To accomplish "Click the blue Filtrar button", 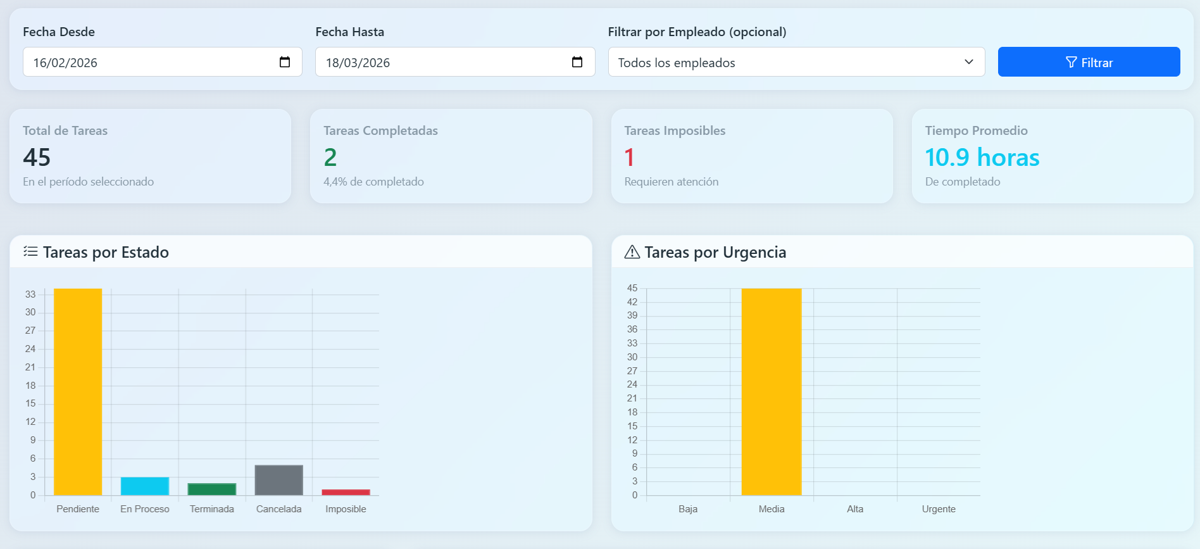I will point(1089,62).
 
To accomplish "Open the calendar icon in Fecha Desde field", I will point(285,62).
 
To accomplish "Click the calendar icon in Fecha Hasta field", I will point(577,62).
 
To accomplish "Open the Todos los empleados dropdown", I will point(796,62).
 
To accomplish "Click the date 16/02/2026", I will point(66,63).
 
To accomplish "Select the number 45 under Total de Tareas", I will point(37,157).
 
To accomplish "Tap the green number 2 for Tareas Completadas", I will point(330,157).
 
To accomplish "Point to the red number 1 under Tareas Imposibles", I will point(629,157).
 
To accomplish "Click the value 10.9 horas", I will point(982,157).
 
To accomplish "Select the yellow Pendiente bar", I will point(78,393).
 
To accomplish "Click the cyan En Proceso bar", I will point(145,486).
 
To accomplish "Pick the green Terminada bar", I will point(212,489).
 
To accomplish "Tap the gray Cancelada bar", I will point(278,480).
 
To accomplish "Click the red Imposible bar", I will point(346,492).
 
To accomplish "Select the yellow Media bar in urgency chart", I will point(771,393).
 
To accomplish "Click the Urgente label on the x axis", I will point(939,509).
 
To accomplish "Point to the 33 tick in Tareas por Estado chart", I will point(30,294).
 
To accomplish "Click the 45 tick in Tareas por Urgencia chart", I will point(632,288).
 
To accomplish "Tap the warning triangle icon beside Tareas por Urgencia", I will point(632,252).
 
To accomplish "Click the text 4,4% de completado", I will point(373,182).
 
